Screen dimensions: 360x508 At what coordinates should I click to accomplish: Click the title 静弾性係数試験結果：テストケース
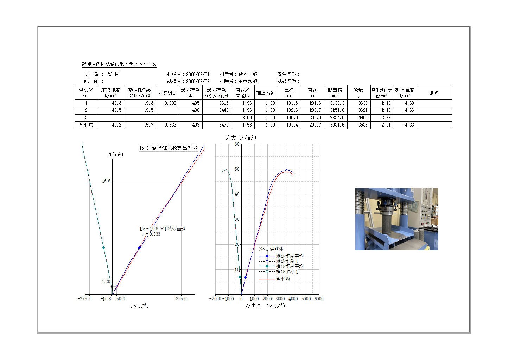point(119,64)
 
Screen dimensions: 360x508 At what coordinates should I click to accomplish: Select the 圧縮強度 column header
point(110,93)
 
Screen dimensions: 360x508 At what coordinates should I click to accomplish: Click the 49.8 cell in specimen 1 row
point(116,103)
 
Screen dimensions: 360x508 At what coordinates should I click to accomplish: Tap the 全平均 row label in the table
point(86,125)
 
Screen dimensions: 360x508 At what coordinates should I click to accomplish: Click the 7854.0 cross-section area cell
point(337,118)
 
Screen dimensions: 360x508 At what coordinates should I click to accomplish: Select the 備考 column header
point(433,93)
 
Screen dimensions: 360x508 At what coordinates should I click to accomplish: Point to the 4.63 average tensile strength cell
point(409,125)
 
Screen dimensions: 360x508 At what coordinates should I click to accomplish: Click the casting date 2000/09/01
point(197,74)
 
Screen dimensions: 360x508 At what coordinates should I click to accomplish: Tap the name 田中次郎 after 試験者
point(248,81)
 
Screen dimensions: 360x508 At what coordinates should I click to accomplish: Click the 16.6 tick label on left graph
point(106,181)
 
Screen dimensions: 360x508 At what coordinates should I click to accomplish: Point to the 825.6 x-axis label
point(181,299)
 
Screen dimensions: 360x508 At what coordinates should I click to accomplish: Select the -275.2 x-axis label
point(84,299)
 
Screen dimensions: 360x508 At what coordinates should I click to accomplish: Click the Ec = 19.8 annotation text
point(162,229)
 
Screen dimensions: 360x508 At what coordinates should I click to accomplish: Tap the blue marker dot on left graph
point(139,248)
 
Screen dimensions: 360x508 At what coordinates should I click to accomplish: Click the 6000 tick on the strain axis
point(319,299)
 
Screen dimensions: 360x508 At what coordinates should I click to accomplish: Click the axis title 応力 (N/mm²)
point(241,138)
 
